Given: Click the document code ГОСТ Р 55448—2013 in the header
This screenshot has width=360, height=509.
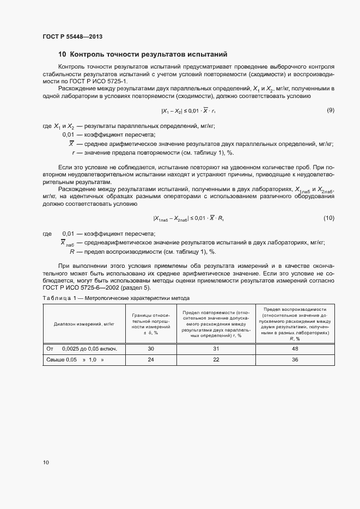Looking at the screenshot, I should (72, 36).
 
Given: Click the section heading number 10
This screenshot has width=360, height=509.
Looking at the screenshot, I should (62, 54).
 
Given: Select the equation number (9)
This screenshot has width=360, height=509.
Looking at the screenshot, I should (330, 111).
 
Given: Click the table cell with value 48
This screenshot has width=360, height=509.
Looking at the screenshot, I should (295, 348).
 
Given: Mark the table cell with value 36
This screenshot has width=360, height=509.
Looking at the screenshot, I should (295, 360).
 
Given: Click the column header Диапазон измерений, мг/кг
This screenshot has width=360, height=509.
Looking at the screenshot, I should (84, 323).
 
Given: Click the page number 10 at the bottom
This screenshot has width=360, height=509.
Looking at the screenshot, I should (46, 463).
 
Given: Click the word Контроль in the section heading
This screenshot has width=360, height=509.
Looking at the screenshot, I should (89, 54).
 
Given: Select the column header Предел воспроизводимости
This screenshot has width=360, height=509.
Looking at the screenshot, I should (295, 323).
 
